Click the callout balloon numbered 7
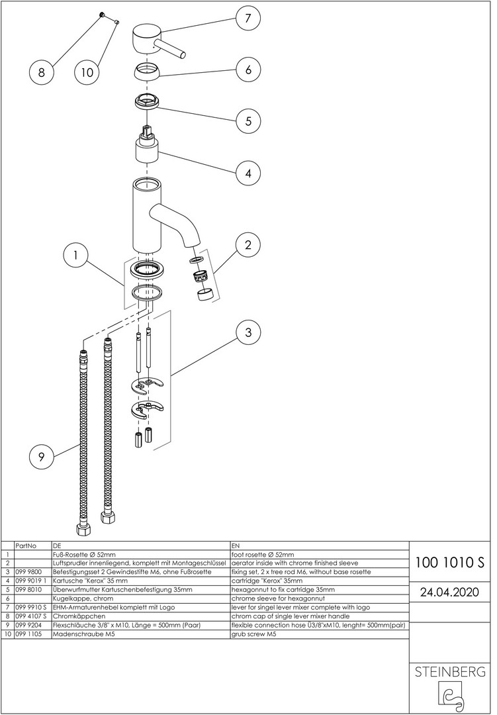click(248, 19)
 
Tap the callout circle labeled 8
click(41, 73)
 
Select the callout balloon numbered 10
click(87, 73)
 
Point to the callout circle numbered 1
click(76, 255)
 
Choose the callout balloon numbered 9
click(41, 455)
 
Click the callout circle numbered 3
click(248, 332)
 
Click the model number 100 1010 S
click(449, 563)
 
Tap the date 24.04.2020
click(449, 591)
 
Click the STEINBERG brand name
click(449, 672)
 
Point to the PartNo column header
click(24, 546)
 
